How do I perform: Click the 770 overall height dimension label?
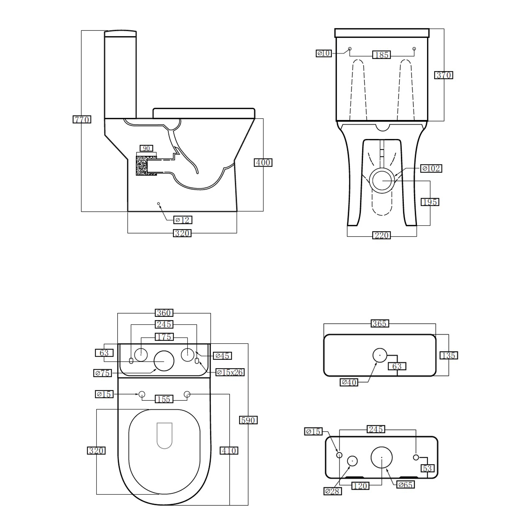(x=82, y=120)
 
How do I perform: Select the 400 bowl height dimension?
(x=263, y=162)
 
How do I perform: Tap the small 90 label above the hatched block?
(x=146, y=148)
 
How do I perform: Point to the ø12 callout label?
(x=183, y=220)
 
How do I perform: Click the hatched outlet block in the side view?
(x=142, y=166)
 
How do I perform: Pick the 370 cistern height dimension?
(x=444, y=75)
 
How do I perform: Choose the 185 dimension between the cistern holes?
(x=381, y=55)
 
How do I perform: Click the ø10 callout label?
(x=324, y=53)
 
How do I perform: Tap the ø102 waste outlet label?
(x=431, y=168)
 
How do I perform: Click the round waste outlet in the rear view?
(x=382, y=180)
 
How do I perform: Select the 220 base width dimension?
(x=381, y=235)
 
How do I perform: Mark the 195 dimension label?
(x=429, y=202)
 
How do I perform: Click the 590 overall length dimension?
(x=248, y=420)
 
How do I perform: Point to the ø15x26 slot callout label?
(x=230, y=372)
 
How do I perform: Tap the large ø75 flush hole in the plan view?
(x=164, y=361)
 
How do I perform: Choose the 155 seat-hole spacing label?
(x=164, y=399)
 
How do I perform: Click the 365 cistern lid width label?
(x=379, y=323)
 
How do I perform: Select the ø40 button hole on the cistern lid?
(x=379, y=355)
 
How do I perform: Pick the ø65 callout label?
(x=405, y=485)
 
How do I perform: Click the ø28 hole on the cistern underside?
(x=352, y=461)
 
